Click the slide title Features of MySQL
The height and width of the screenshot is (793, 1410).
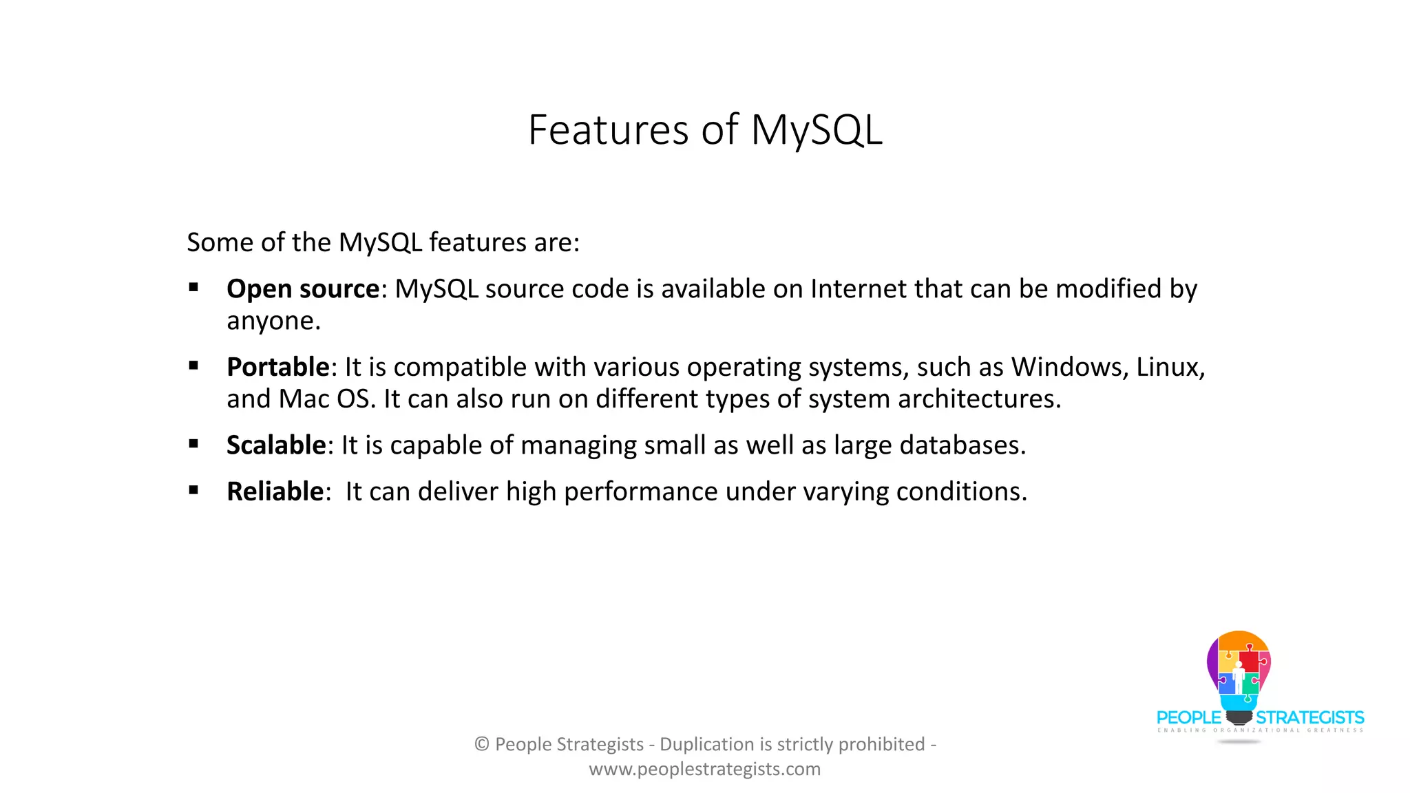[705, 129]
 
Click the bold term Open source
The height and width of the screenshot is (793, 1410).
[303, 289]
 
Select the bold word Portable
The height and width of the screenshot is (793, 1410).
[278, 367]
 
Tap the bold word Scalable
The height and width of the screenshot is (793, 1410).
[276, 445]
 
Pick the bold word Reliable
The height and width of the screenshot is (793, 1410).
[275, 491]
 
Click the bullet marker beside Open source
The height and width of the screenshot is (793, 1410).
[193, 288]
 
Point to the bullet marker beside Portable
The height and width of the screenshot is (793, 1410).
[193, 366]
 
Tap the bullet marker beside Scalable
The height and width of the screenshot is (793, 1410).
[193, 445]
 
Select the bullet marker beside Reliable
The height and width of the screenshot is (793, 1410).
[193, 491]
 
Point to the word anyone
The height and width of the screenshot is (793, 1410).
[273, 321]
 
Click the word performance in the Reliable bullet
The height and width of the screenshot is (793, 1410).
[640, 491]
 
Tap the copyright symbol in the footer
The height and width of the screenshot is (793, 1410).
[482, 744]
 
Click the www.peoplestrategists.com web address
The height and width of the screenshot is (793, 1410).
[705, 769]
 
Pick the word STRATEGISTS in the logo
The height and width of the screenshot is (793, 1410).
[1309, 718]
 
